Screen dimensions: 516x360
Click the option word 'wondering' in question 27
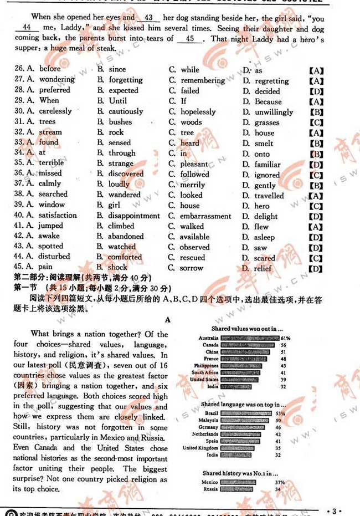[x=56, y=80]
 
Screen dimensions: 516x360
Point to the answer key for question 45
[x=316, y=269]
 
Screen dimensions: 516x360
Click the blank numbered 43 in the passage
[x=148, y=18]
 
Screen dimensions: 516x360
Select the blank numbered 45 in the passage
[x=189, y=39]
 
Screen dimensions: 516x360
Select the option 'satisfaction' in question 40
[x=58, y=215]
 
